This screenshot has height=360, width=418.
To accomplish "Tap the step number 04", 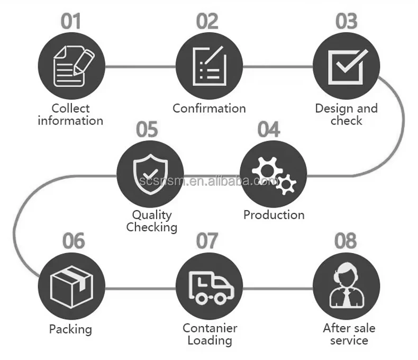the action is pyautogui.click(x=268, y=130).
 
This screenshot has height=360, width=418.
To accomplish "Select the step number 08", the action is pyautogui.click(x=346, y=241).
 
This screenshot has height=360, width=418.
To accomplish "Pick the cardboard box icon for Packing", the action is pyautogui.click(x=71, y=286).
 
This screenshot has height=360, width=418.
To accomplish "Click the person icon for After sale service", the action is pyautogui.click(x=346, y=287).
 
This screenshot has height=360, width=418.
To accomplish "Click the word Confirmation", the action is pyautogui.click(x=210, y=109).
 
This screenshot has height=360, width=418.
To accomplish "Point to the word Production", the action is pyautogui.click(x=274, y=215).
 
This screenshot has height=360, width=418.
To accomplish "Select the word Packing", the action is pyautogui.click(x=70, y=329).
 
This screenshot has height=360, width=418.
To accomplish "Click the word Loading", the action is pyautogui.click(x=210, y=340).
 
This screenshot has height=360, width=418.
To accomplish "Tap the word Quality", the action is pyautogui.click(x=152, y=215).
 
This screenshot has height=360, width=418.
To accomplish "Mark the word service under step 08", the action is pyautogui.click(x=349, y=340).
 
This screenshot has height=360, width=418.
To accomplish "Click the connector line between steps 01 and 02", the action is pyautogui.click(x=140, y=67).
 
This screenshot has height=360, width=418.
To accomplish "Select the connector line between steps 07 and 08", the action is pyautogui.click(x=278, y=289).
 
